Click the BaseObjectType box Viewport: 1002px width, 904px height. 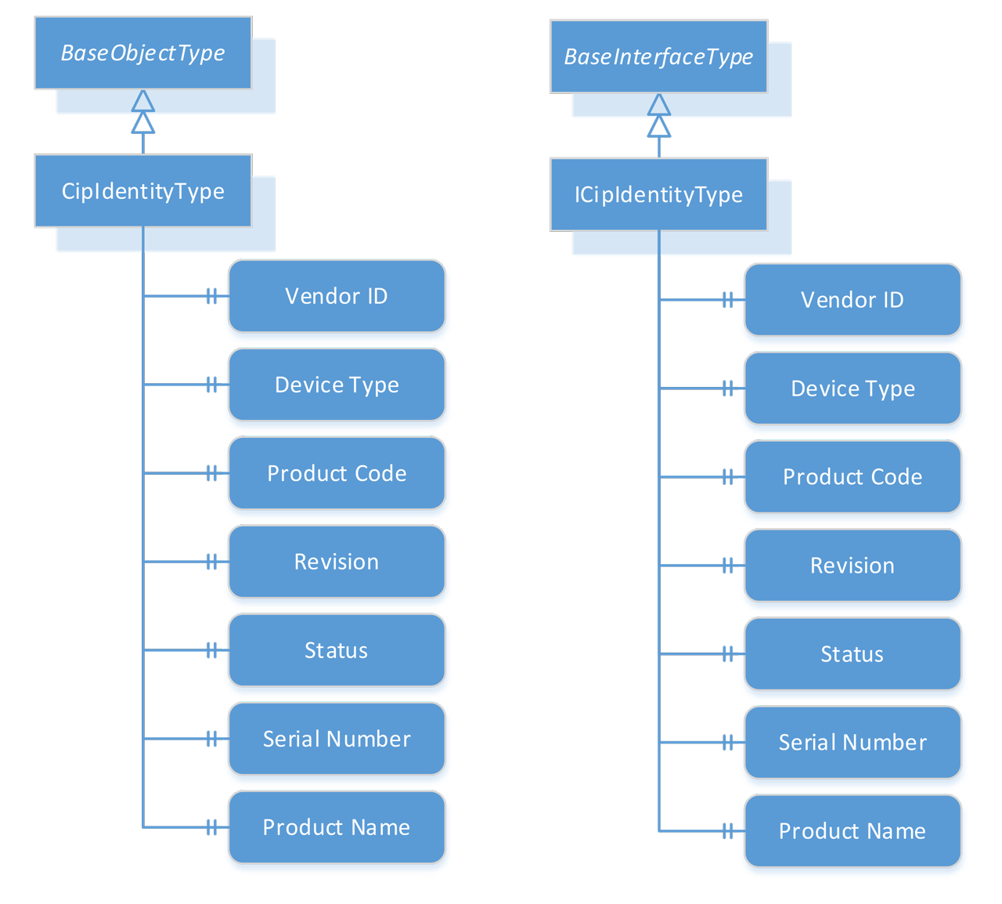click(143, 52)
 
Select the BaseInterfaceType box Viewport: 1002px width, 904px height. click(658, 56)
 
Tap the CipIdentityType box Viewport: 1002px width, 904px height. click(143, 191)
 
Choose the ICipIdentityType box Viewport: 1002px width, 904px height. click(658, 194)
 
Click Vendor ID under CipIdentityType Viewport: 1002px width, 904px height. click(337, 296)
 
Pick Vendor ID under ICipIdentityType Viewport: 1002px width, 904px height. click(852, 300)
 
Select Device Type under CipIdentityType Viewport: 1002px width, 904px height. click(337, 385)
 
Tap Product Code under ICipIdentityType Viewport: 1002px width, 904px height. click(852, 476)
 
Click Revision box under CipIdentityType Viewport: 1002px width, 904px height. click(337, 562)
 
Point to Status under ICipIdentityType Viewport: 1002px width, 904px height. click(852, 654)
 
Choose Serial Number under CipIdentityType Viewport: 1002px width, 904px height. click(337, 739)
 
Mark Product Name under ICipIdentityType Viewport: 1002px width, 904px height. click(852, 831)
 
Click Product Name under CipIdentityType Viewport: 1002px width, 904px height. click(337, 827)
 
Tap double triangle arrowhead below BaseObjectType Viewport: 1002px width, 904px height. click(143, 112)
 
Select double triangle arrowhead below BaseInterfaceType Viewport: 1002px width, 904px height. click(659, 116)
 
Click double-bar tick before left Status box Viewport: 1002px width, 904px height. click(211, 650)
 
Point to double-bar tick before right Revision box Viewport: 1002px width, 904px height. click(727, 566)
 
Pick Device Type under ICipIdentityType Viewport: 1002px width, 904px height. click(852, 389)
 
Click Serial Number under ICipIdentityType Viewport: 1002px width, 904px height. click(852, 743)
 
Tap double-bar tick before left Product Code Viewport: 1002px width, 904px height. click(211, 473)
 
